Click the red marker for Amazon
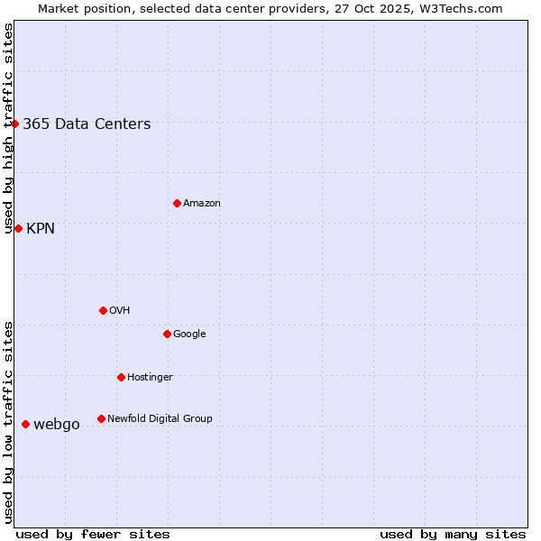point(177,203)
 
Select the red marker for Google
point(167,334)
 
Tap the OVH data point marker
point(103,310)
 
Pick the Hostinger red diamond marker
point(121,377)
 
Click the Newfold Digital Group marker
point(101,418)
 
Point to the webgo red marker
point(25,424)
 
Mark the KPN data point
point(18,228)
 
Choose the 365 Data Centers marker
point(15,124)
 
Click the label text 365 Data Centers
point(87,124)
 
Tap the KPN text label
point(41,229)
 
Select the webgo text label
point(57,425)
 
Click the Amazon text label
point(202,204)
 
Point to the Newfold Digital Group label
point(160,418)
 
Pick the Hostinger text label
point(150,377)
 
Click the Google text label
point(189,334)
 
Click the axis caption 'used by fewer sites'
point(93,534)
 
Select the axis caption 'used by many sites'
point(453,534)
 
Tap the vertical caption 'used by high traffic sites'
point(8,128)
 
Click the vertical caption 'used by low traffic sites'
point(8,422)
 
